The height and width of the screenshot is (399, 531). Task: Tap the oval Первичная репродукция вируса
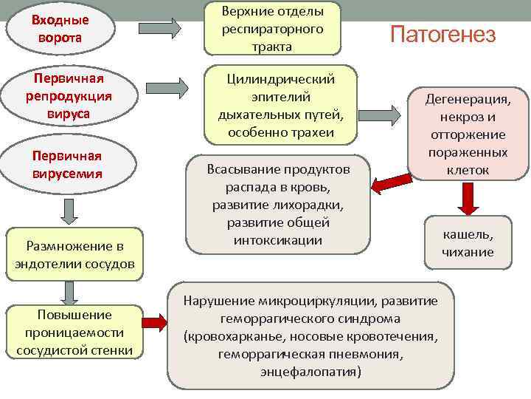65,96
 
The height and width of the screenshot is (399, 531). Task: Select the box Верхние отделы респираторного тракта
272,28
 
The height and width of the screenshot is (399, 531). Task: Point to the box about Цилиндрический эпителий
280,106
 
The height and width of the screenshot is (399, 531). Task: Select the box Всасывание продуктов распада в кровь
278,204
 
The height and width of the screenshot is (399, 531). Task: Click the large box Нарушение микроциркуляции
310,336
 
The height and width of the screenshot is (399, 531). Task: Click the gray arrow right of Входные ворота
181,27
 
